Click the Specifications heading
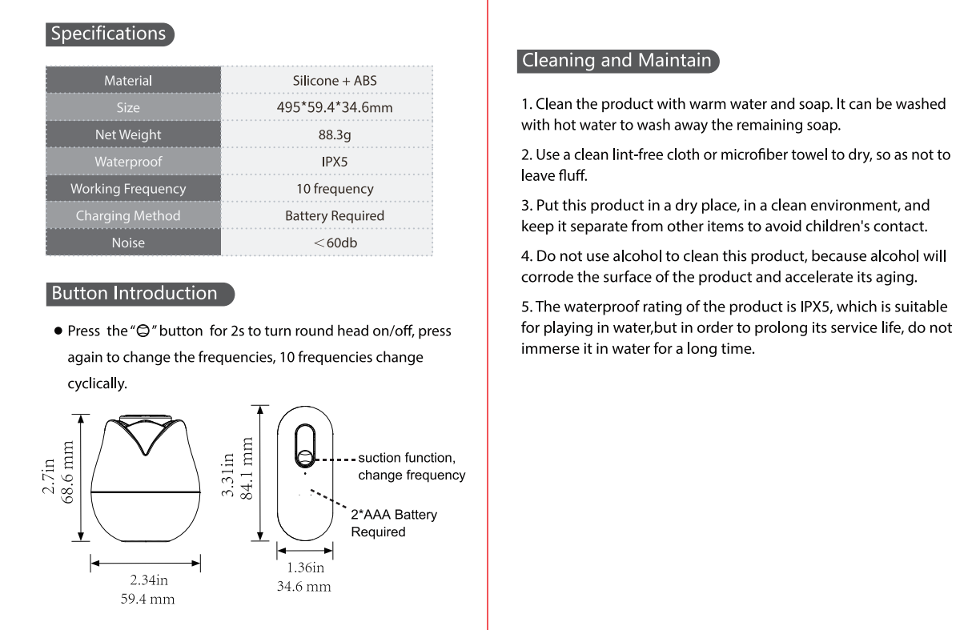109,34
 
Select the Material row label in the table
128,80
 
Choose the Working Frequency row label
128,189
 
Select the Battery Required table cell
335,216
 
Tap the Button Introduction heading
135,293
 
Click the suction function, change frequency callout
411,466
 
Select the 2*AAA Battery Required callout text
394,523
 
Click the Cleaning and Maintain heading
617,60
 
